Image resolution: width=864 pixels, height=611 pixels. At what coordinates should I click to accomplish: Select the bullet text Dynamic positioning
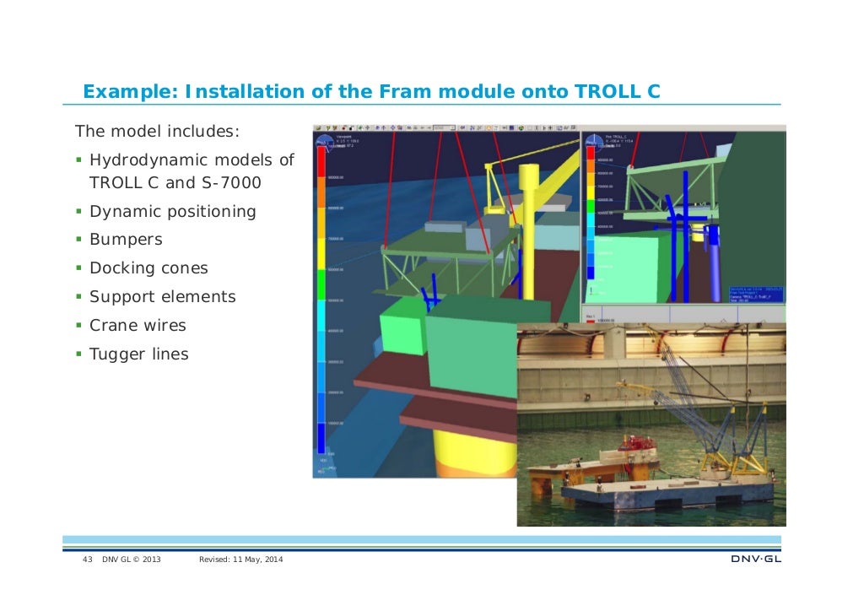(172, 211)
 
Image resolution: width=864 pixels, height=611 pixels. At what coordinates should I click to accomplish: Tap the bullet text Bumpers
(126, 240)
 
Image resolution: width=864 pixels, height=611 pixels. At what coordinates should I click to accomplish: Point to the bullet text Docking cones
(148, 268)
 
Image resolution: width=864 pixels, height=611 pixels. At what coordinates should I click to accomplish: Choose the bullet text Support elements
(163, 297)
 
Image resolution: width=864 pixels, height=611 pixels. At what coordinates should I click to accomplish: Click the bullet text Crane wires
(138, 326)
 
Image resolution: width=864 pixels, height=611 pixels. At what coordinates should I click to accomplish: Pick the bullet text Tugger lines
(139, 354)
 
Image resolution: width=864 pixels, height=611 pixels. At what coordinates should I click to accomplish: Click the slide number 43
(86, 561)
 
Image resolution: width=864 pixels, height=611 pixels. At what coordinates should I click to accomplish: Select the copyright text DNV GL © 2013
(132, 561)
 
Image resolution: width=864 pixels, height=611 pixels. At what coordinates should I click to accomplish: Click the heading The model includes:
(158, 132)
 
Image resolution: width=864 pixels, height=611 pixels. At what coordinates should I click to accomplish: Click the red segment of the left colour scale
(321, 165)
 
